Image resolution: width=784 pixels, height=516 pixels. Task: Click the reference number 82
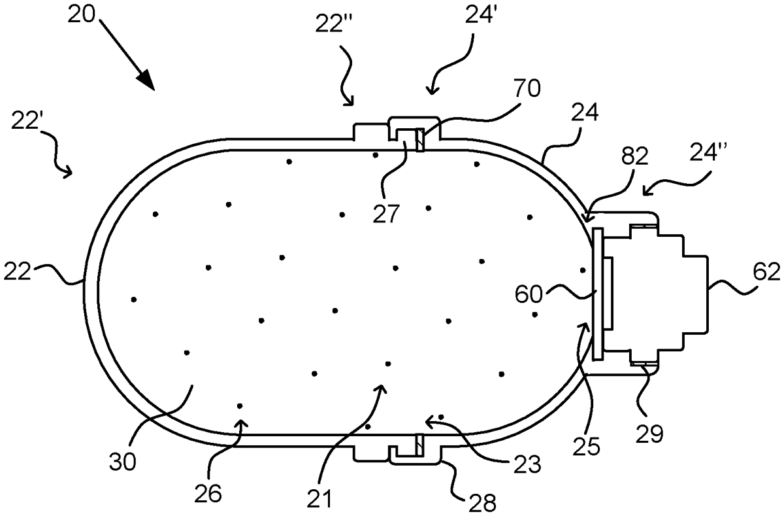(x=635, y=156)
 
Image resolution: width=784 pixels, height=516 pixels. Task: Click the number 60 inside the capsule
(x=529, y=294)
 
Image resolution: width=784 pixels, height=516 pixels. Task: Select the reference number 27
(x=386, y=214)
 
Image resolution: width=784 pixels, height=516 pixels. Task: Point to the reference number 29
(x=649, y=434)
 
